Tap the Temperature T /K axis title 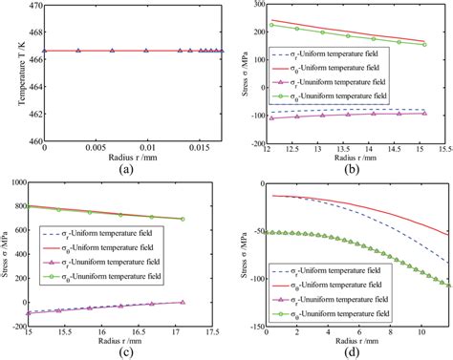11,74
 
